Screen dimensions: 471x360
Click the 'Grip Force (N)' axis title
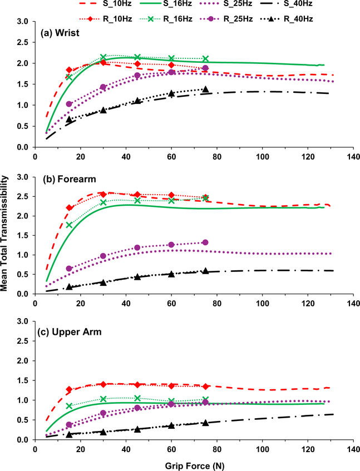[193, 463]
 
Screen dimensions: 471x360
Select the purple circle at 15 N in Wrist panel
[69, 104]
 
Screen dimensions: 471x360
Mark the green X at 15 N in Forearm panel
[69, 225]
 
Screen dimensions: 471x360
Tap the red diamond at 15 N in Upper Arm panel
[69, 389]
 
